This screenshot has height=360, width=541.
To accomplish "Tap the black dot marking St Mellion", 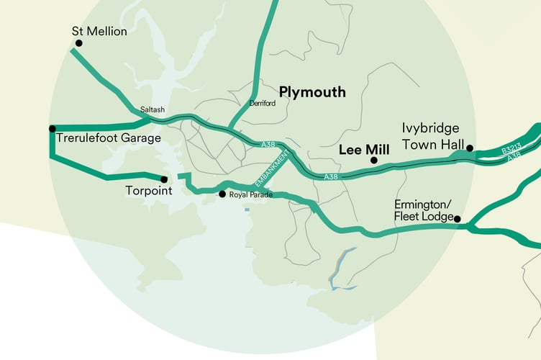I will (78, 43).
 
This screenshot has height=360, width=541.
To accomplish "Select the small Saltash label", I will (153, 109).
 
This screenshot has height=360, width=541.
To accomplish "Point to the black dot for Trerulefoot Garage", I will (52, 129).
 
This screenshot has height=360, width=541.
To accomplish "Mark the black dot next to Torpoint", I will (164, 179).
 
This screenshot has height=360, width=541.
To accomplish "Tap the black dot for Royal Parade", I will (222, 194).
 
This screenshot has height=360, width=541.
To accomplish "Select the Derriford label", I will (262, 103).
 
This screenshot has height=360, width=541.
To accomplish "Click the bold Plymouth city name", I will (312, 92).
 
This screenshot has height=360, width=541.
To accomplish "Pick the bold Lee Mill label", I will (363, 150).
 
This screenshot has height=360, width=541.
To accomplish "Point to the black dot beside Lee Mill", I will (373, 160).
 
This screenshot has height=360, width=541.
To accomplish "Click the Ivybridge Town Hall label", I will (430, 136).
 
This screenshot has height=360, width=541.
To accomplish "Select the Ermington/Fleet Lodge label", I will (424, 210).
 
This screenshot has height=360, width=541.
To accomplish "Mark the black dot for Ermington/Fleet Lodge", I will (457, 219).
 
